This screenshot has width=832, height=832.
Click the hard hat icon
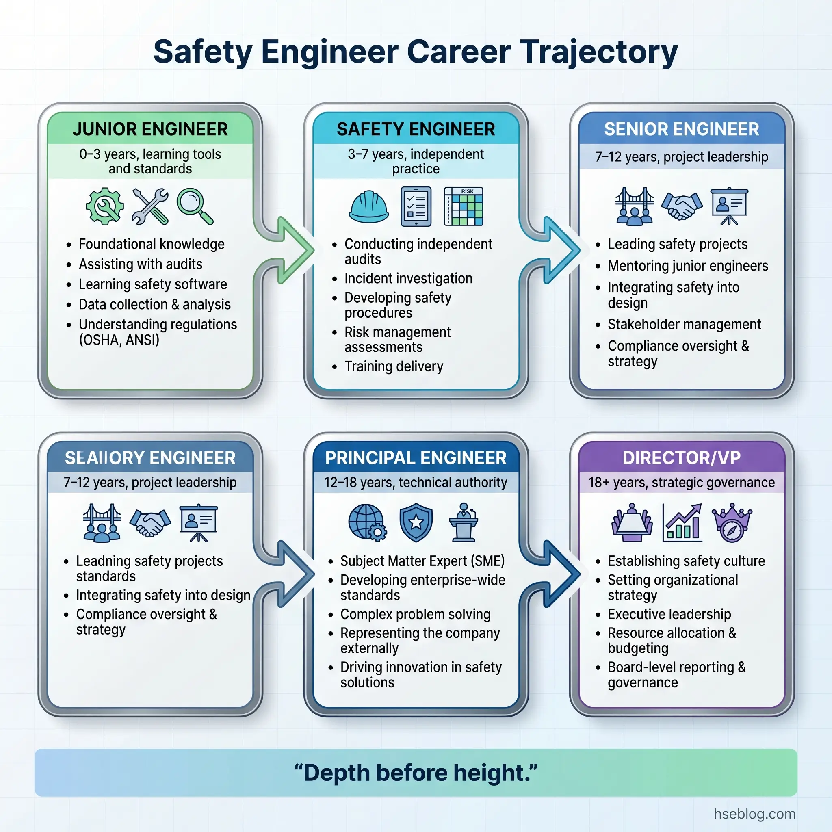(368, 207)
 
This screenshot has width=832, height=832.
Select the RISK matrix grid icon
(464, 207)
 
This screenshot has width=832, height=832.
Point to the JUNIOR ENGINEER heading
(150, 129)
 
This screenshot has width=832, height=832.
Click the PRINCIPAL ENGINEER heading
(416, 458)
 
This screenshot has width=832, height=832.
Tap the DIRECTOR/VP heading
(681, 458)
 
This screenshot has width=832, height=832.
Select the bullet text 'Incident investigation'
(408, 279)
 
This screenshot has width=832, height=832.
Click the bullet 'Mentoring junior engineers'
(687, 266)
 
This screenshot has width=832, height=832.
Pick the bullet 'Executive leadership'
(669, 614)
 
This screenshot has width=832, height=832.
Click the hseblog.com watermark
(754, 813)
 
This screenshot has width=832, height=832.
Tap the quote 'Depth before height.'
(416, 773)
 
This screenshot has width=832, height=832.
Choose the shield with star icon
(416, 522)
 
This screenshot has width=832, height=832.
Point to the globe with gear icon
(367, 522)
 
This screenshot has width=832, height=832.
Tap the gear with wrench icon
(105, 206)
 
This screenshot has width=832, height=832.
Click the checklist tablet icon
(416, 207)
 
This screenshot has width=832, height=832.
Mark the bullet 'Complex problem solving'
(415, 614)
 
